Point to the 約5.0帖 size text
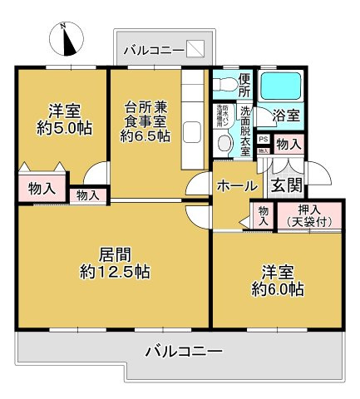pyautogui.click(x=62, y=129)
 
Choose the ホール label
pyautogui.click(x=237, y=187)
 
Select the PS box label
pyautogui.click(x=263, y=140)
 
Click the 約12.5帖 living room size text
pyautogui.click(x=115, y=272)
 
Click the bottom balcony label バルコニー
pyautogui.click(x=183, y=352)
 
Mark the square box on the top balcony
pyautogui.click(x=195, y=50)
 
